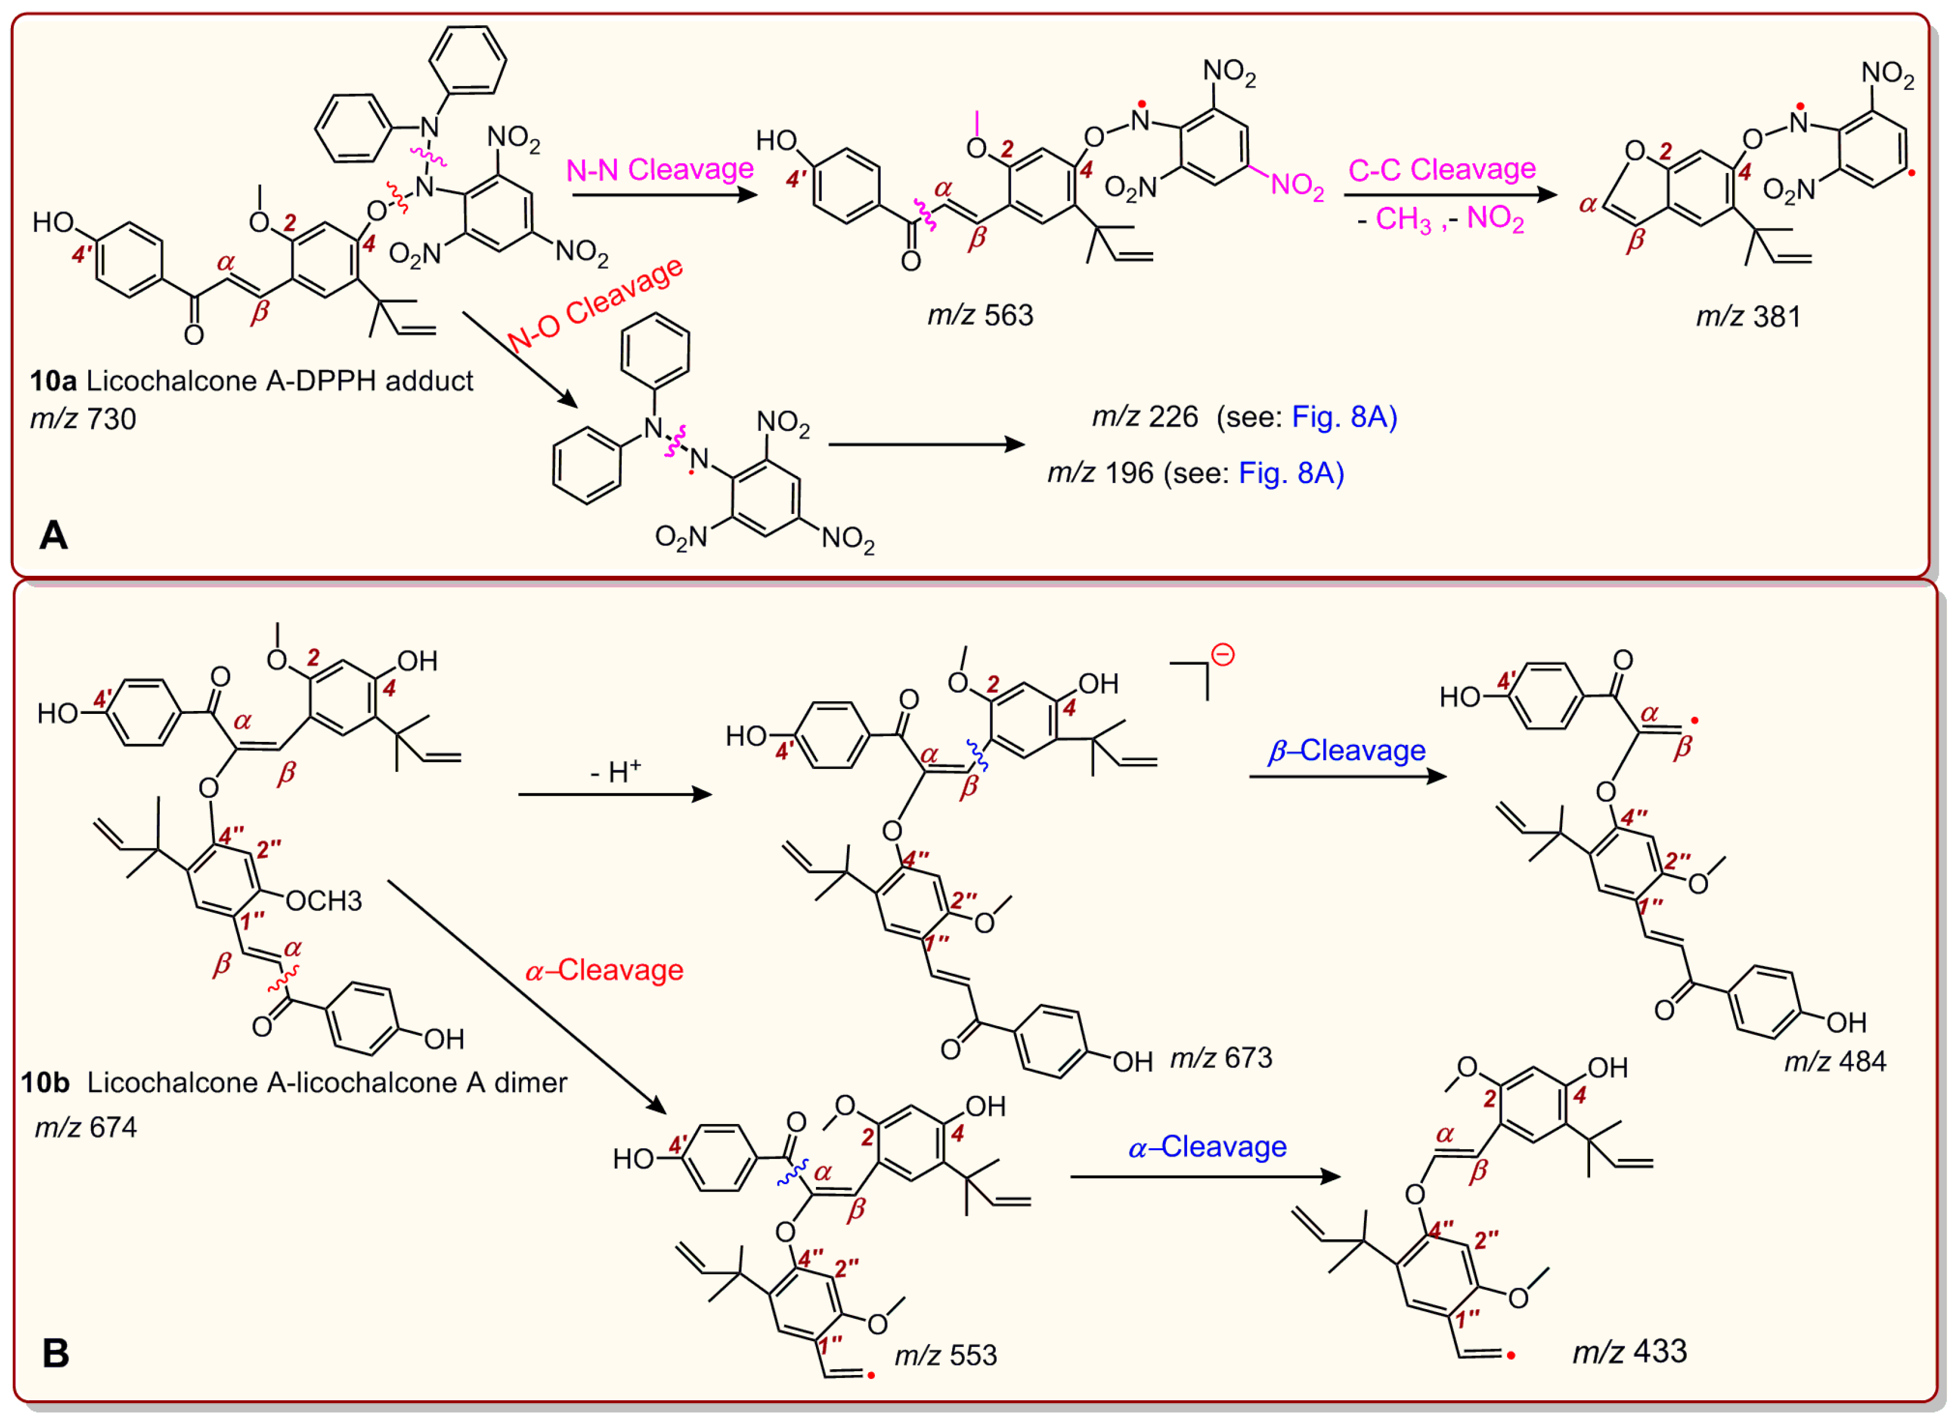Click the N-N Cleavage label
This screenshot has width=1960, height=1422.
coord(660,170)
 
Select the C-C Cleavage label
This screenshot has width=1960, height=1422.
coord(1441,170)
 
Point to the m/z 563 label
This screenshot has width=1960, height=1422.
coord(980,316)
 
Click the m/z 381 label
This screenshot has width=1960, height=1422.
coord(1748,317)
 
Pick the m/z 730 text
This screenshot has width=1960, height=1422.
coord(83,419)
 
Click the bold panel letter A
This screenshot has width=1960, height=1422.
coord(54,536)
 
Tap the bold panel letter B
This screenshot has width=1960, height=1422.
coord(56,1353)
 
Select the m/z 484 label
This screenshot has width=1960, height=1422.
coord(1835,1062)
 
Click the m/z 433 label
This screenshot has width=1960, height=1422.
coord(1629,1351)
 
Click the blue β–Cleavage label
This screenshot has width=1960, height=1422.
coord(1346,751)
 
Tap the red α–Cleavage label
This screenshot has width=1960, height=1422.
coord(604,970)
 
